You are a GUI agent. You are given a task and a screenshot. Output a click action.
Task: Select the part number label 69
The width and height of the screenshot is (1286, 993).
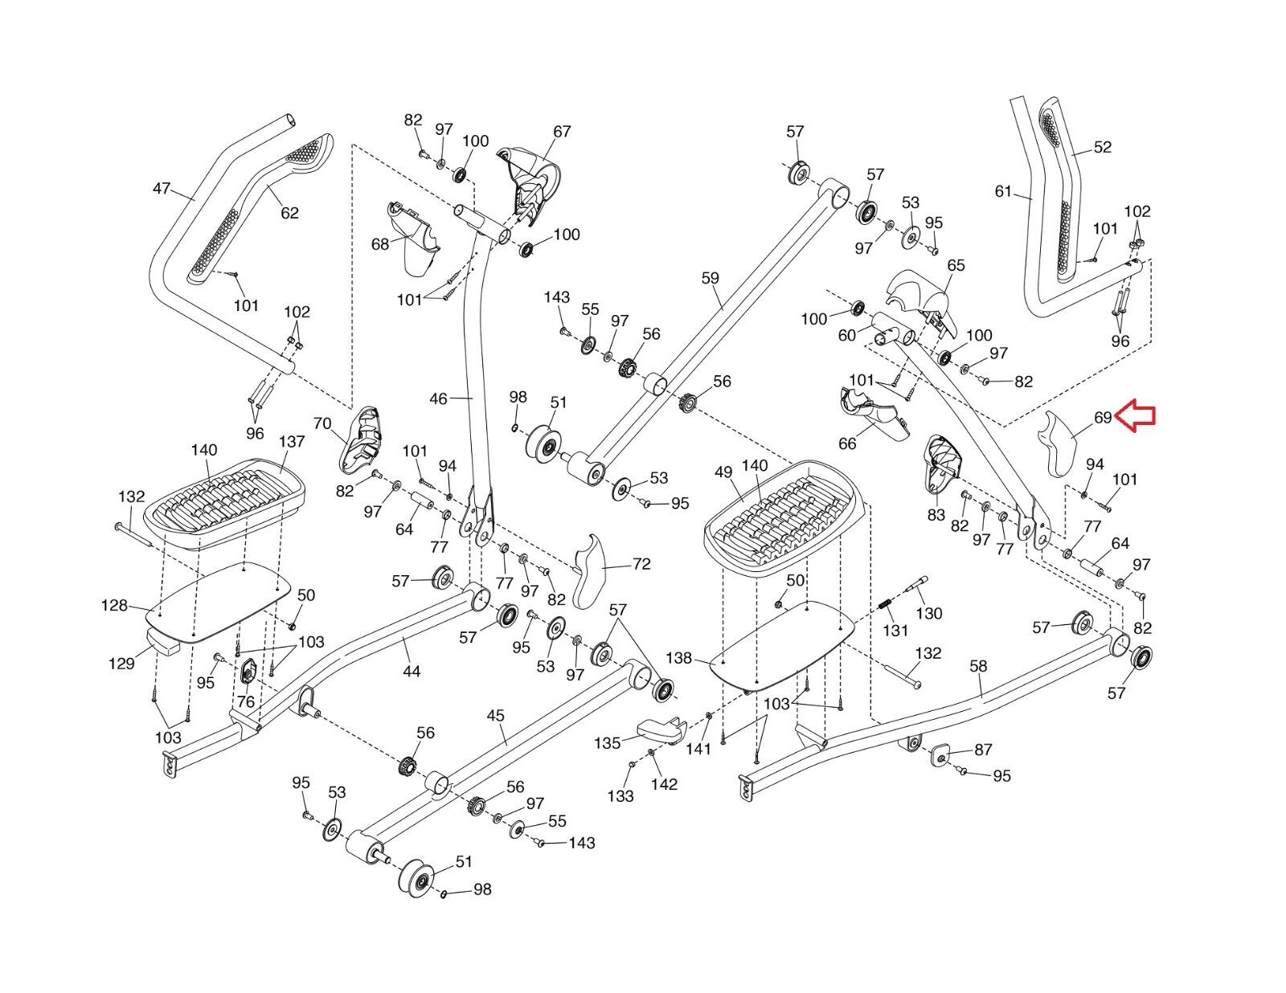click(1102, 418)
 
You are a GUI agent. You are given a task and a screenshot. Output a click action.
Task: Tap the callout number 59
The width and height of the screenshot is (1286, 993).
click(710, 279)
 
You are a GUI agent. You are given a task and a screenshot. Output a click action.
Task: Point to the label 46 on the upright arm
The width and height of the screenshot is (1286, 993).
click(438, 398)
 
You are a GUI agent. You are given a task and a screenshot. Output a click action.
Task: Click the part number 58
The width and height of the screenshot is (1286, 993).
click(978, 666)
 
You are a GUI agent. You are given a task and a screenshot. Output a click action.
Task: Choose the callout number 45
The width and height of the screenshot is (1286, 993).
click(495, 716)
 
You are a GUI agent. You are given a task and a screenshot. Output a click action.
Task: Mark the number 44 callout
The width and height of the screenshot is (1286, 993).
click(411, 671)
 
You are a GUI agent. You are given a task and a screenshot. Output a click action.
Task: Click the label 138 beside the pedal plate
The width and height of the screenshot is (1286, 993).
click(678, 658)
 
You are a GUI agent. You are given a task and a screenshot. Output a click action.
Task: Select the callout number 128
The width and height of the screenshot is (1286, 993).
click(114, 605)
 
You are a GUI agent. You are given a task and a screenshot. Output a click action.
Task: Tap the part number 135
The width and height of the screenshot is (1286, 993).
click(608, 743)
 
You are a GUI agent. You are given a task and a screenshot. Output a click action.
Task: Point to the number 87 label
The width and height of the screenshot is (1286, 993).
click(983, 750)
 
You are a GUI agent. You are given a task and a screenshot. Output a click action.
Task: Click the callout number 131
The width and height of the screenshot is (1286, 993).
click(895, 631)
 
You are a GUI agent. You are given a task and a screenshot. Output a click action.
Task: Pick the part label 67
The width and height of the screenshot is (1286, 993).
click(561, 132)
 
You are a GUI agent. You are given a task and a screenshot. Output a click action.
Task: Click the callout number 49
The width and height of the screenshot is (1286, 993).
click(723, 472)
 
